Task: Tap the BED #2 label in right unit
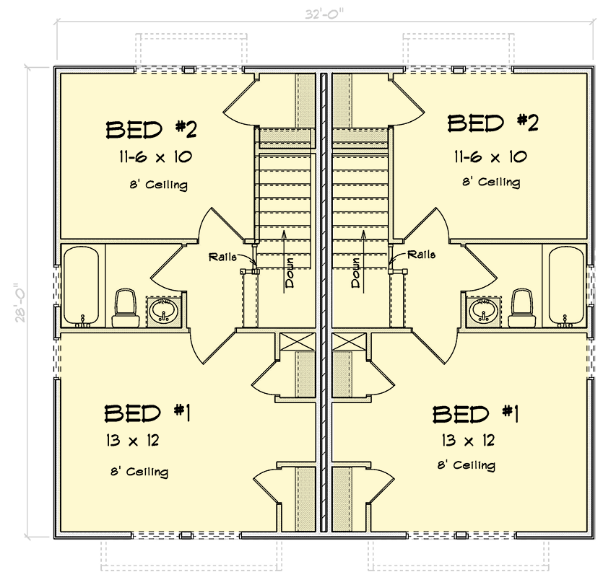[493, 123]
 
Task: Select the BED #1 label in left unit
[147, 414]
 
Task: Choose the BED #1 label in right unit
[476, 415]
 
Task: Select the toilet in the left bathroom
[126, 306]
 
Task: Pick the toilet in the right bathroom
[521, 306]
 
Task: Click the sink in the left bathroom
[165, 311]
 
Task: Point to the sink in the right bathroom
[482, 311]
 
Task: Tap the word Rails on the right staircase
[421, 255]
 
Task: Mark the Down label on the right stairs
[356, 273]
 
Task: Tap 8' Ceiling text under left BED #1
[139, 472]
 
